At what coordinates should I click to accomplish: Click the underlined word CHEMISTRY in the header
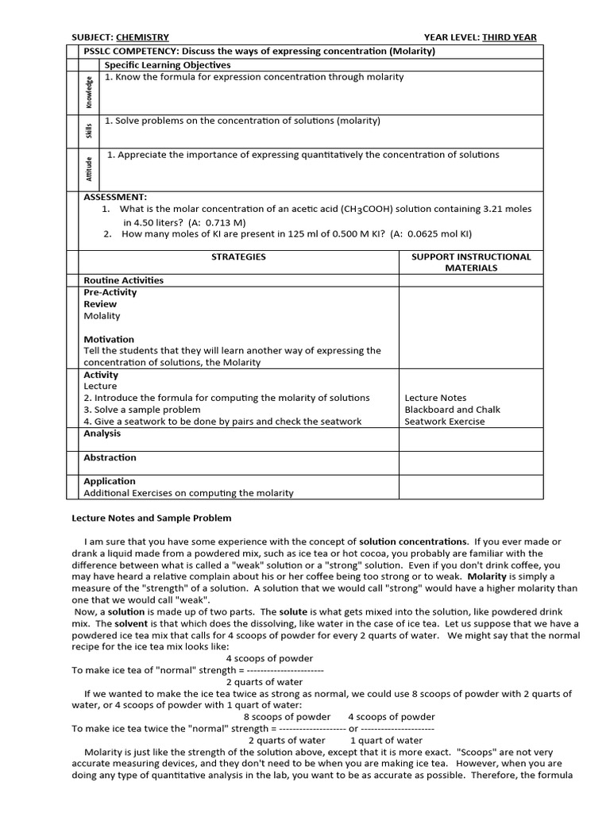click(142, 37)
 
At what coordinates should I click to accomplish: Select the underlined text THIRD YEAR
click(509, 37)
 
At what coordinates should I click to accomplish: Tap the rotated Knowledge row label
click(90, 92)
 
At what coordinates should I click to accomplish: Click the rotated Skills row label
click(90, 131)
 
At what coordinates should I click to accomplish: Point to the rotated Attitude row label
click(90, 169)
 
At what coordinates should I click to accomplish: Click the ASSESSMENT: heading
click(115, 197)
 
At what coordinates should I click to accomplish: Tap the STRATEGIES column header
click(238, 257)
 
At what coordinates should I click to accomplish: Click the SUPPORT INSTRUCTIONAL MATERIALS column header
click(471, 262)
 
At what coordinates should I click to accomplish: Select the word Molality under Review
click(102, 316)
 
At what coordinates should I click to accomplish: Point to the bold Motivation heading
click(109, 339)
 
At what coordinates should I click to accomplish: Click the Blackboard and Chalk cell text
click(453, 410)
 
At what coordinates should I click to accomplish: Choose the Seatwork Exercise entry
click(444, 422)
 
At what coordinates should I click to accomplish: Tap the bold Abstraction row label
click(110, 457)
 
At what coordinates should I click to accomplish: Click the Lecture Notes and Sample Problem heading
click(152, 518)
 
